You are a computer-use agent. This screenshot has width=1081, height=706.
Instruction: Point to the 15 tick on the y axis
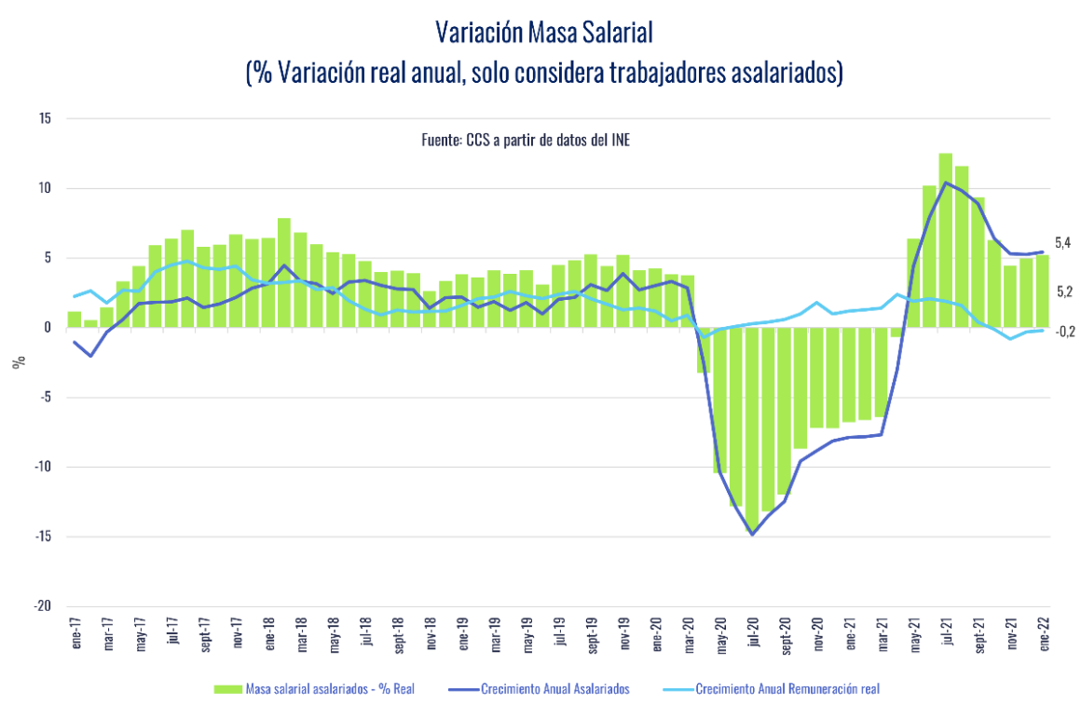[46, 119]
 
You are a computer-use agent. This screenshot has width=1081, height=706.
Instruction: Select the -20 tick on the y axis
[43, 606]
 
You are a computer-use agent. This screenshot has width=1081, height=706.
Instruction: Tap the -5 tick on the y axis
[46, 398]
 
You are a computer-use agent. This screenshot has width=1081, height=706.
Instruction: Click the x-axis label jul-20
[752, 632]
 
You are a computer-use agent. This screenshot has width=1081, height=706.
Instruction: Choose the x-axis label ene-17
[75, 632]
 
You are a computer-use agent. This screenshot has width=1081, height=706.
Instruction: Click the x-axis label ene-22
[1044, 632]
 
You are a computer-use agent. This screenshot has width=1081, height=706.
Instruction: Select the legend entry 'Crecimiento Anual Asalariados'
[555, 689]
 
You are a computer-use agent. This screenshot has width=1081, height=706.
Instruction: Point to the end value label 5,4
[1062, 243]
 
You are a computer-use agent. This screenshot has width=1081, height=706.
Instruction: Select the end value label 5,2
[1062, 292]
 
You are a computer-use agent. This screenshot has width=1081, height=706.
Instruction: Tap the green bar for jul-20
[752, 428]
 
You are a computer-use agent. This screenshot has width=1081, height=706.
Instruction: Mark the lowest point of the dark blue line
[752, 534]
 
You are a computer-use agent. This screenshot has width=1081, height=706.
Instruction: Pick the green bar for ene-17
[75, 319]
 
